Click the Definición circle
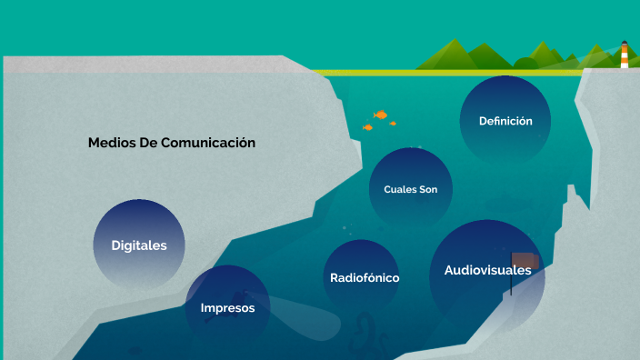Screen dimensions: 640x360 [505, 120]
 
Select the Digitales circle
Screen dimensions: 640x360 [139, 245]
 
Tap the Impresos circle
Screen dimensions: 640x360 [227, 307]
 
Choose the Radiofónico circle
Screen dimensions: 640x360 [364, 277]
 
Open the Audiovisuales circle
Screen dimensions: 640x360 [486, 270]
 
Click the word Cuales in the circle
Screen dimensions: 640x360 [399, 189]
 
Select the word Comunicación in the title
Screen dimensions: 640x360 [208, 143]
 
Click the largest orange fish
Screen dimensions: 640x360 [381, 115]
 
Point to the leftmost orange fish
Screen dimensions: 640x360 [367, 127]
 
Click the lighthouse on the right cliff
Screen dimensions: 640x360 [625, 55]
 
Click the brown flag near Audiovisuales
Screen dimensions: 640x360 [525, 262]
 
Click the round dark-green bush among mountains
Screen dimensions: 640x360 [525, 63]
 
